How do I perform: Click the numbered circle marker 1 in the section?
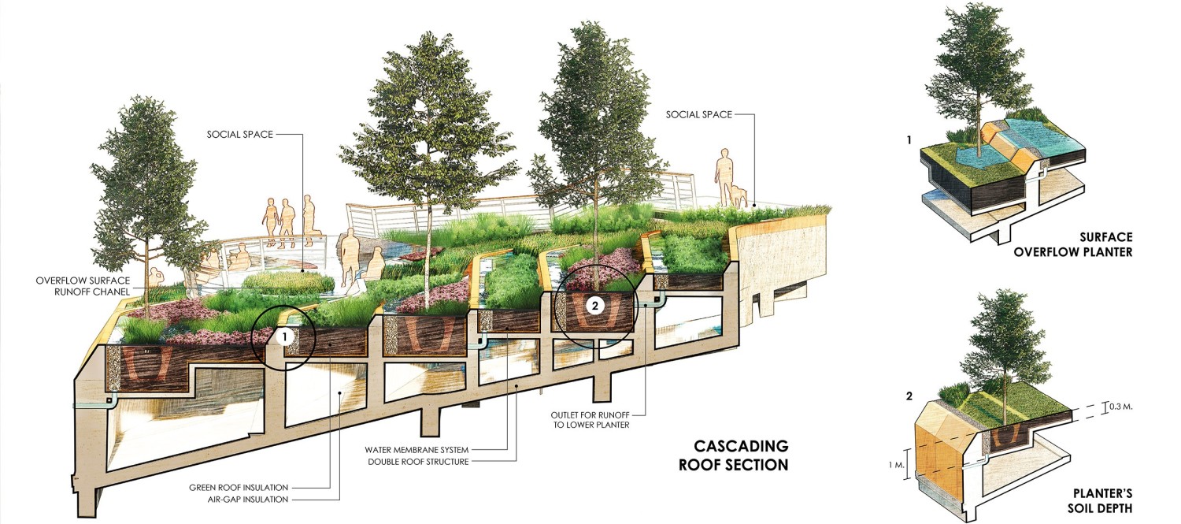click(285, 336)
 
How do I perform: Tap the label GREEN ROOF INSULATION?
click(239, 488)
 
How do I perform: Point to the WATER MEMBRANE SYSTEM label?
click(416, 450)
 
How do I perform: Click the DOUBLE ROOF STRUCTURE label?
click(418, 462)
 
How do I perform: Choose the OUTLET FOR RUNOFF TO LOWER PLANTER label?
click(590, 420)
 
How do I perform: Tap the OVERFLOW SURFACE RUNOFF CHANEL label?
click(83, 286)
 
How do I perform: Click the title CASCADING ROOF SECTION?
click(733, 455)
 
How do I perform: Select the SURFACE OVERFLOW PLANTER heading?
click(1073, 245)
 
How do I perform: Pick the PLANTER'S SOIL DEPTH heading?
click(1101, 501)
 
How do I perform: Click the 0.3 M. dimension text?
click(1121, 407)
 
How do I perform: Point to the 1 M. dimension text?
click(896, 466)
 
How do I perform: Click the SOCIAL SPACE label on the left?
click(240, 135)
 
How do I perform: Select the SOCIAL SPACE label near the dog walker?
click(698, 114)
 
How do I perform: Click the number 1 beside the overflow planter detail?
click(909, 140)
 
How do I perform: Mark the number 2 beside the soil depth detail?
click(909, 396)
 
